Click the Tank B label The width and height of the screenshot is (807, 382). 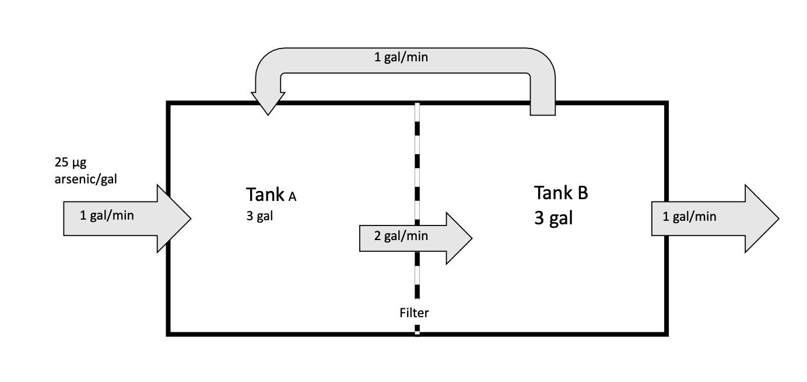tap(561, 193)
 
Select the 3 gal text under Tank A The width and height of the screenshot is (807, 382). tap(259, 217)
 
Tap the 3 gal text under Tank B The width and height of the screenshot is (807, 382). tap(553, 218)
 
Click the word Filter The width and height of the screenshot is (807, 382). tap(414, 312)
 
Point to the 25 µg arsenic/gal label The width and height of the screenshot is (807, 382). tap(85, 171)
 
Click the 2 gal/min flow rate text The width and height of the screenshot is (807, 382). tap(401, 236)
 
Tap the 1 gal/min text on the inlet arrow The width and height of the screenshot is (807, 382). tap(107, 216)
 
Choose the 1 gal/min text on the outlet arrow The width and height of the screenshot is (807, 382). tap(689, 217)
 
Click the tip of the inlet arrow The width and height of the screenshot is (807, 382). tap(191, 218)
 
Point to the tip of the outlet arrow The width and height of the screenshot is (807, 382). tap(778, 218)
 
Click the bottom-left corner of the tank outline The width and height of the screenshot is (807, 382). tap(168, 334)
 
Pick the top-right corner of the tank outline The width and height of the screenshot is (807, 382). tap(666, 103)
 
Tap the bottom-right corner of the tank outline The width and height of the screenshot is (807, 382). tap(666, 334)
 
